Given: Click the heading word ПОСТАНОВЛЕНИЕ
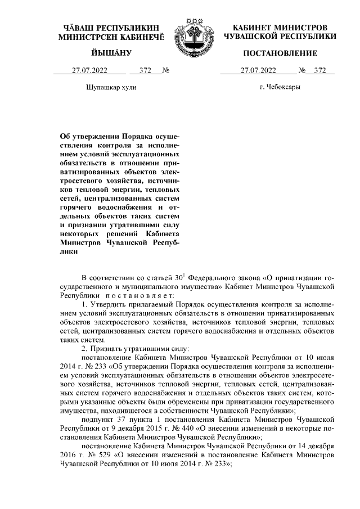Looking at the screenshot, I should pyautogui.click(x=280, y=53).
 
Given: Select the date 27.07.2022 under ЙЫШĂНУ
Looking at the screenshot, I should pyautogui.click(x=89, y=71).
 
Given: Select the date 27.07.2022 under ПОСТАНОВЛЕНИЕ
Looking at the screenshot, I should pyautogui.click(x=258, y=71).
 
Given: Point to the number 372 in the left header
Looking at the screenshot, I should pyautogui.click(x=145, y=71).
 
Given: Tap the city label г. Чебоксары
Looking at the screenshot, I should pyautogui.click(x=280, y=88).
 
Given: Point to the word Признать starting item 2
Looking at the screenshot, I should pyautogui.click(x=109, y=349).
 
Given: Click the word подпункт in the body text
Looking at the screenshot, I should pyautogui.click(x=97, y=419).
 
